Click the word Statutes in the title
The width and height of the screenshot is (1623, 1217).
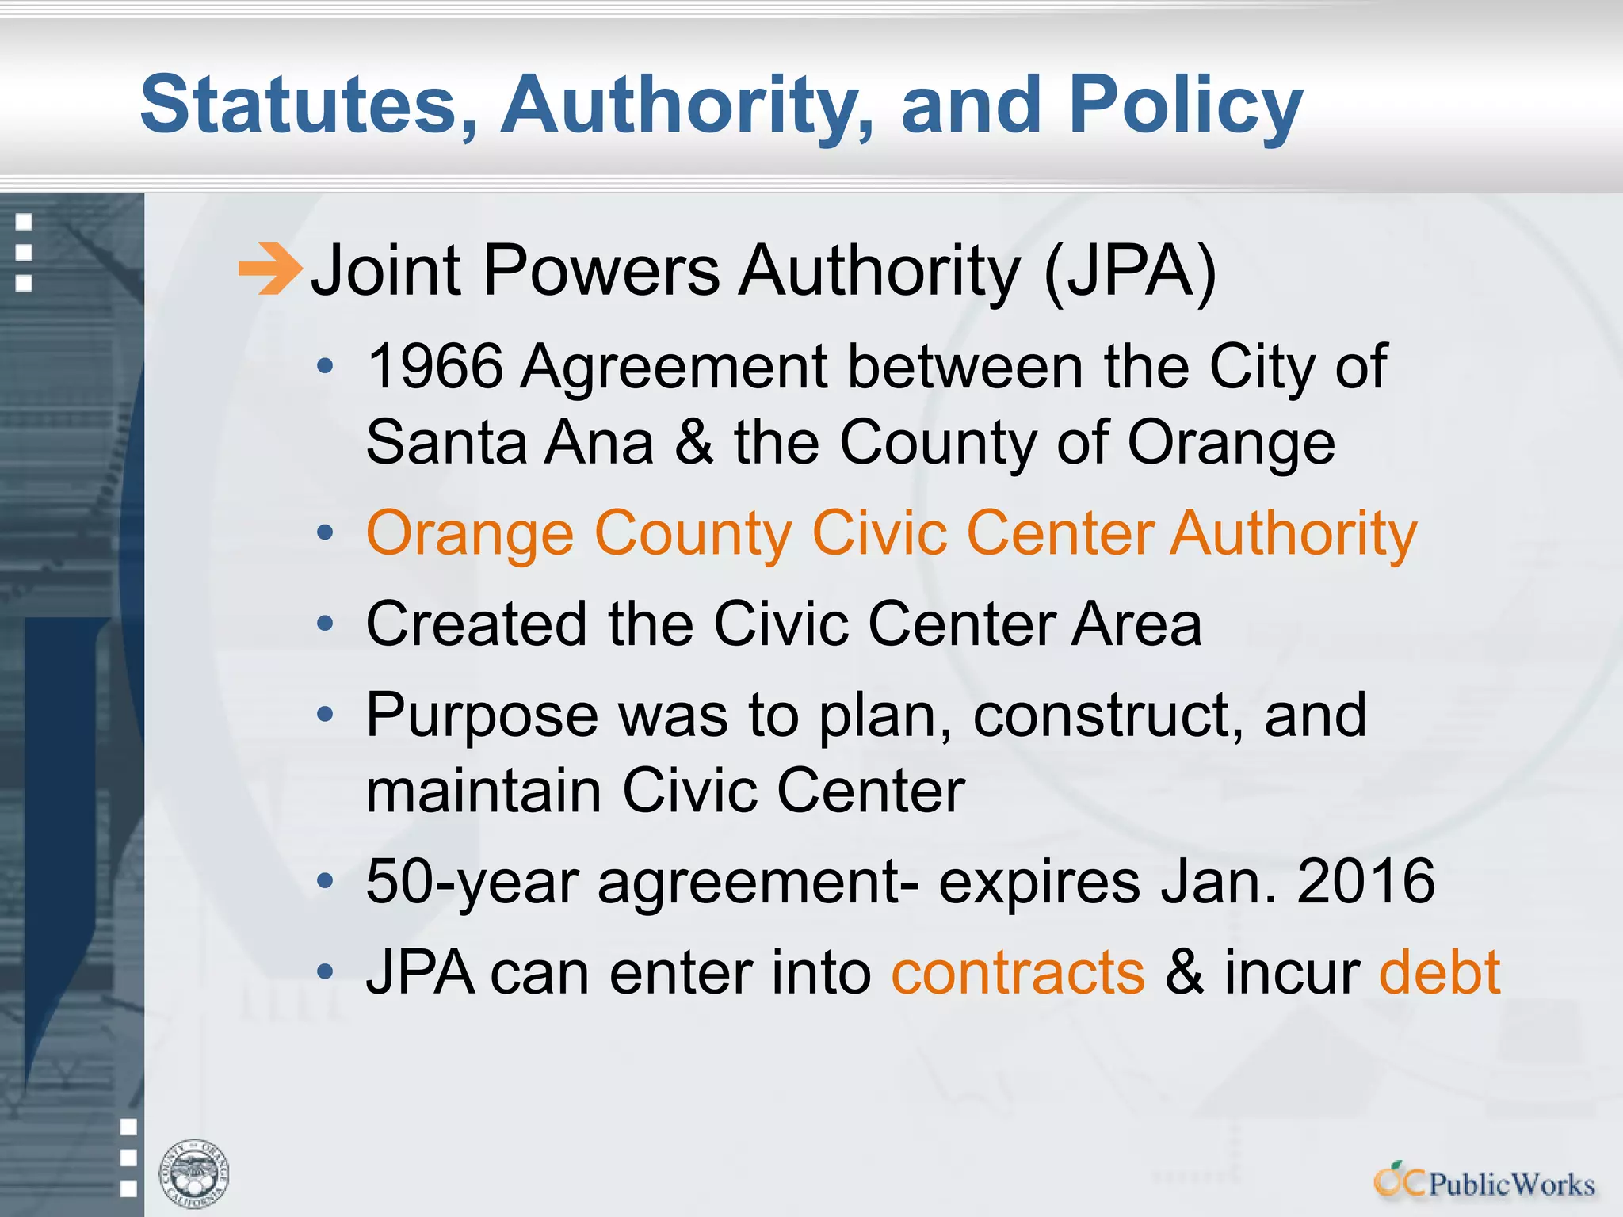tap(298, 105)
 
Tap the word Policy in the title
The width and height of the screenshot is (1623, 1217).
tap(1186, 105)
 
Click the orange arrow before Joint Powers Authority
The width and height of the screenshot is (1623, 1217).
tap(269, 269)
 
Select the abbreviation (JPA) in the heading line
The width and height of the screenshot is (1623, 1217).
tap(1130, 271)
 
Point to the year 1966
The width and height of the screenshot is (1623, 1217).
tap(436, 367)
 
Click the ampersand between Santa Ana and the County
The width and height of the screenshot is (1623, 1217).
tap(694, 442)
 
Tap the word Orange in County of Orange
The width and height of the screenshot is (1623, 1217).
tap(1231, 442)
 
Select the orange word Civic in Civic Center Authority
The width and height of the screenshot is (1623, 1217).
tap(880, 533)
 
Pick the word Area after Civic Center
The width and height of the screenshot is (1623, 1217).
tap(1136, 624)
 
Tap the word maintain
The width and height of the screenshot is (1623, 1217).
tap(483, 791)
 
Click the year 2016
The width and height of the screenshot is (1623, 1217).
tap(1365, 882)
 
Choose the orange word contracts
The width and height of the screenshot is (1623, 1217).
tap(1018, 973)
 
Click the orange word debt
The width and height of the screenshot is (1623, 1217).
tap(1439, 973)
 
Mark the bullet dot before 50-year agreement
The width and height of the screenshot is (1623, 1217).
tap(325, 881)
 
